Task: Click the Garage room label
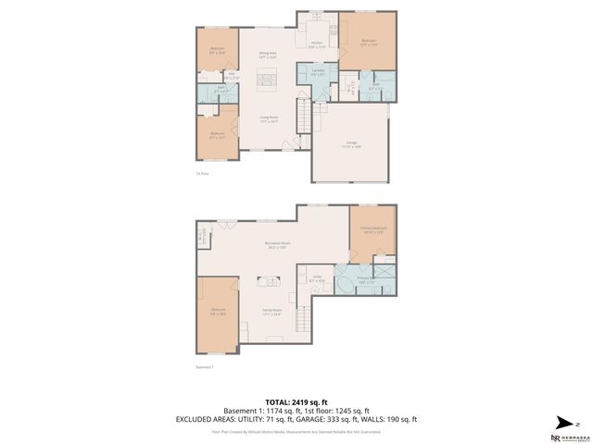(351, 142)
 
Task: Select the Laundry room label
(318, 71)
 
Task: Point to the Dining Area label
(269, 55)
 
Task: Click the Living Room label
(269, 118)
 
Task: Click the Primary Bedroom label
(373, 230)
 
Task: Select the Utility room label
(316, 277)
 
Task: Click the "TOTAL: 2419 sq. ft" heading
(296, 401)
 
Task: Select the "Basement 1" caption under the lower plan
(205, 366)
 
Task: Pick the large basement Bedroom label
(218, 310)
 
